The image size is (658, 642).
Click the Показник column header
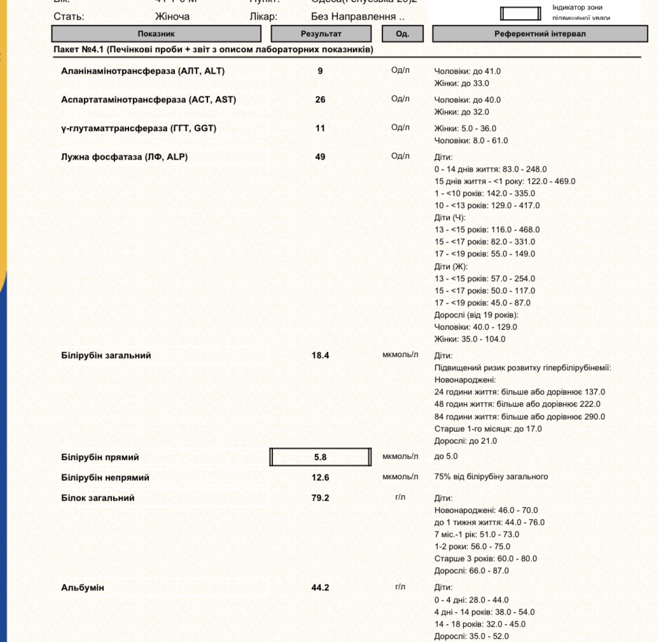coord(156,34)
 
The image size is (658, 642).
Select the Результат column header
coord(321,34)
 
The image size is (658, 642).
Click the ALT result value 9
coord(320,71)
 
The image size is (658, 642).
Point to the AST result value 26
coord(320,100)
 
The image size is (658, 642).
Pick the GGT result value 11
coord(320,129)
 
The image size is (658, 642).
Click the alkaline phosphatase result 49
coord(320,157)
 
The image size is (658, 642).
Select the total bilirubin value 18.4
coord(320,356)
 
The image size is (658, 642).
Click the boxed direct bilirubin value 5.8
coord(320,457)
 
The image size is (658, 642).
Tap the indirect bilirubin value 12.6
coord(320,478)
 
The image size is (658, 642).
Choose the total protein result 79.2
coord(320,498)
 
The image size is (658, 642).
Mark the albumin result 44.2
coord(320,588)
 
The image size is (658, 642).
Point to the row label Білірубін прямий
coord(100,457)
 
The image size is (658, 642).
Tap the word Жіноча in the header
coord(172,17)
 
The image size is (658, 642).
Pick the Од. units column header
coord(402,34)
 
